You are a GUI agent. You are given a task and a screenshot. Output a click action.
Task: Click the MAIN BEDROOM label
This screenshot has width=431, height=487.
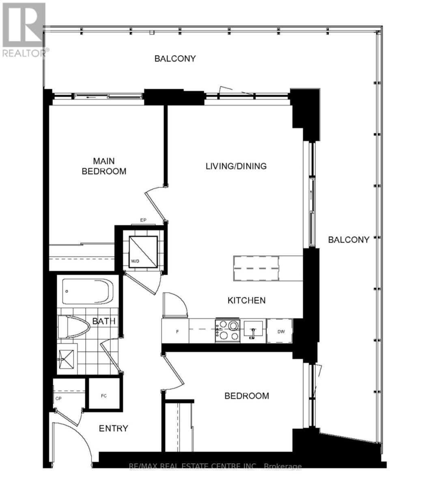(x=104, y=166)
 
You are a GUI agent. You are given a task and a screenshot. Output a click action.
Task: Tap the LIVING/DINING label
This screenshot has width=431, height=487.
(x=236, y=166)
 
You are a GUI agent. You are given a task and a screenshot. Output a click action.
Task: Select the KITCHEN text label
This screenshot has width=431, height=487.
(x=246, y=300)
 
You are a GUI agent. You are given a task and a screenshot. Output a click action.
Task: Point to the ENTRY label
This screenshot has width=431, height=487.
(x=114, y=428)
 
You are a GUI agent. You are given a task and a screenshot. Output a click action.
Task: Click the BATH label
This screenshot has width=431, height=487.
(x=104, y=321)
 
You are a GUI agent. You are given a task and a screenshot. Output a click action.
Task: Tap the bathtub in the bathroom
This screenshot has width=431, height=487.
(x=88, y=291)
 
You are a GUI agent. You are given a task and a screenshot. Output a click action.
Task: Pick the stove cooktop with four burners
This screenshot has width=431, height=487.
(x=227, y=330)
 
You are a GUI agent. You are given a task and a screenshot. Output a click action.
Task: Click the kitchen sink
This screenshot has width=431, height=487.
(x=253, y=330)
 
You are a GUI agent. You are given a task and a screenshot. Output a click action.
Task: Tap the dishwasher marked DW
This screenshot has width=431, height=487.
(x=280, y=331)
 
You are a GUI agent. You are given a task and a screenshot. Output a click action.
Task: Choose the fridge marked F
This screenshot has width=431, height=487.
(x=175, y=331)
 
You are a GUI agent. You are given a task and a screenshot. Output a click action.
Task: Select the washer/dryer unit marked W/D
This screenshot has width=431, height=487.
(x=143, y=252)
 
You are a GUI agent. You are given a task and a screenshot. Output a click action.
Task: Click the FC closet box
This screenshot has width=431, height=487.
(x=104, y=395)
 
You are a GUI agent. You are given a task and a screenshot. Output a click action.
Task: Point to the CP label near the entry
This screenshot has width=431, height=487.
(x=58, y=398)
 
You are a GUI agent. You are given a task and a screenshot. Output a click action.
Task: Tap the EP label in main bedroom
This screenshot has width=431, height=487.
(x=143, y=220)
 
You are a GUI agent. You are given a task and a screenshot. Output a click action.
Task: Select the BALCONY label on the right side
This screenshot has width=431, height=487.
(x=349, y=240)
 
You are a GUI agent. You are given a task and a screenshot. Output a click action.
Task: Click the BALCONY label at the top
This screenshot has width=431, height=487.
(x=175, y=58)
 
